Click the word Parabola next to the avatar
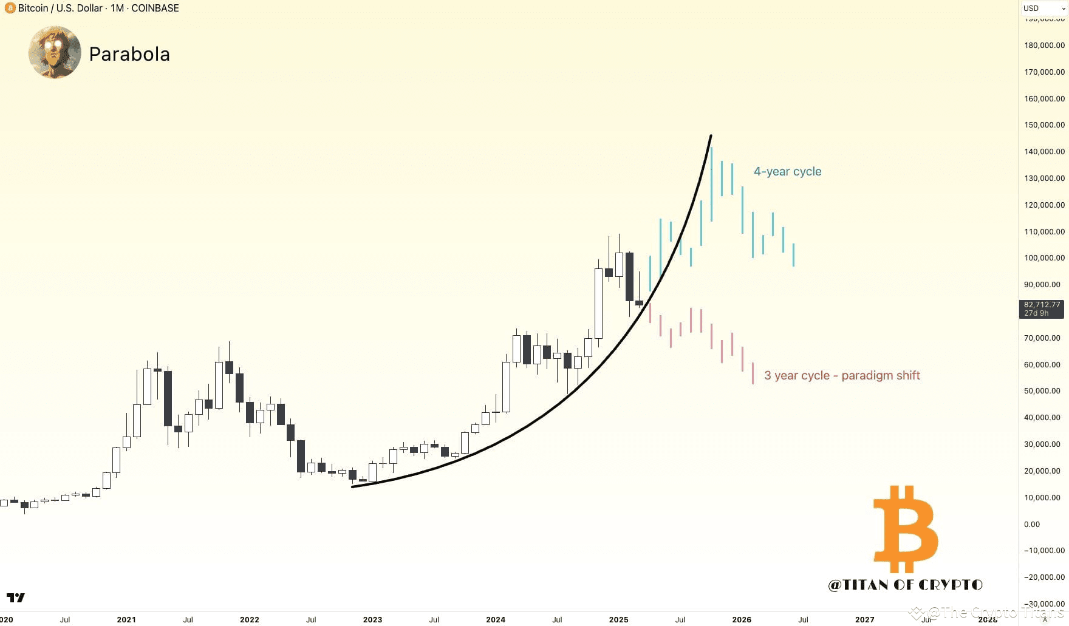click(x=129, y=54)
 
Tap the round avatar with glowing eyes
click(x=55, y=52)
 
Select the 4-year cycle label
click(x=787, y=172)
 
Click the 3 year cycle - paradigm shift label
click(x=842, y=376)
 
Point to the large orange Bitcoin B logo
click(x=905, y=529)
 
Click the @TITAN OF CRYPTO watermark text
click(x=905, y=585)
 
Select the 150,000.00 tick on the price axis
click(x=1044, y=125)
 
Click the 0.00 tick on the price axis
click(x=1031, y=524)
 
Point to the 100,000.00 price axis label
click(x=1044, y=258)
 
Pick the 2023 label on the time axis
click(x=372, y=619)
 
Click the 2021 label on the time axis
click(x=126, y=619)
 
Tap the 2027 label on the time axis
click(x=864, y=619)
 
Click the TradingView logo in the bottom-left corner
click(x=16, y=598)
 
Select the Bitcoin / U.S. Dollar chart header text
click(x=60, y=9)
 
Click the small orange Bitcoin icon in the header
click(x=10, y=9)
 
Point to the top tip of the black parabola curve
click(x=711, y=136)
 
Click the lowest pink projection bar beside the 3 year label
click(x=753, y=373)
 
